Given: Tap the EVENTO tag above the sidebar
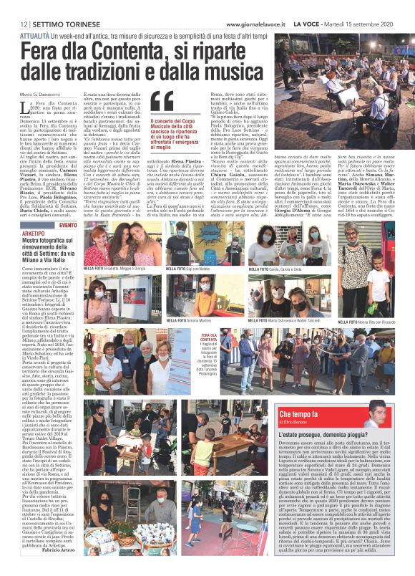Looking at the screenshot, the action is point(69,226).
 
